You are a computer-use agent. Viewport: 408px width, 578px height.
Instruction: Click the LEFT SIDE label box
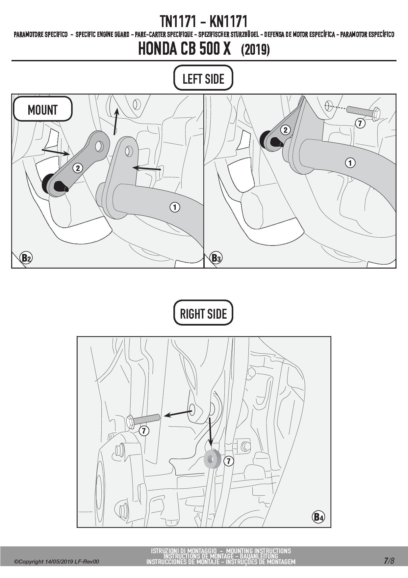point(203,78)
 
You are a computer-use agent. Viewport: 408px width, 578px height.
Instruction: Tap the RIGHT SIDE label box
point(203,313)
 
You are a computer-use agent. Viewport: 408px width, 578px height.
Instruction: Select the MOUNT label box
point(42,109)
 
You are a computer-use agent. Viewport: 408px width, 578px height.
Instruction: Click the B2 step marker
point(26,258)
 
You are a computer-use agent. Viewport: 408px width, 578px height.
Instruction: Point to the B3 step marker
point(216,258)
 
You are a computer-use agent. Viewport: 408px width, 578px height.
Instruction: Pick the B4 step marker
point(318,517)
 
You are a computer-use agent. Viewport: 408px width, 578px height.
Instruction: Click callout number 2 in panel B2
point(78,168)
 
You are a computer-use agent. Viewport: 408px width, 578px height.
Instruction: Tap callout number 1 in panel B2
point(175,207)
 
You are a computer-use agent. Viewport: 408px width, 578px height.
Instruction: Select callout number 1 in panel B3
point(350,162)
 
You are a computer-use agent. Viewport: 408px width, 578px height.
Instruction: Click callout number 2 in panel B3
point(285,130)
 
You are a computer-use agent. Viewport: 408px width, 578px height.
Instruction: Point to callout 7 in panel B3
point(360,124)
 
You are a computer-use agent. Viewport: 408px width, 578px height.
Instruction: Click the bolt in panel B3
point(363,113)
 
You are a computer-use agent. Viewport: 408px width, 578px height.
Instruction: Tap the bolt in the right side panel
point(143,420)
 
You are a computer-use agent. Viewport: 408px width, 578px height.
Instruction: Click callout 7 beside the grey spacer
point(228,461)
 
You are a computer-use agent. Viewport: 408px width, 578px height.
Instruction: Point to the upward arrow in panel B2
point(115,122)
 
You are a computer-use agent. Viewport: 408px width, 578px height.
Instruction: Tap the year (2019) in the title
point(255,50)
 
